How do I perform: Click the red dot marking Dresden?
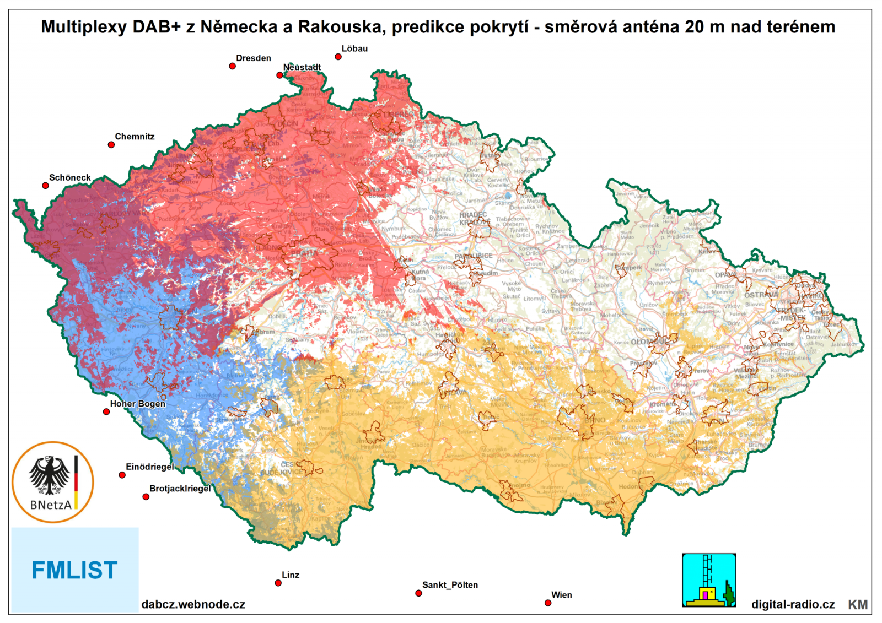click(233, 66)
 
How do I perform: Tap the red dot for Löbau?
click(338, 57)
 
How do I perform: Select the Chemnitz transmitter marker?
click(111, 145)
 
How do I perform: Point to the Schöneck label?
click(69, 177)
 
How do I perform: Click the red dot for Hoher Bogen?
click(106, 411)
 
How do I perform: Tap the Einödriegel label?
click(149, 467)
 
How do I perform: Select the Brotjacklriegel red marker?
click(146, 497)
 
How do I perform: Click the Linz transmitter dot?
click(278, 583)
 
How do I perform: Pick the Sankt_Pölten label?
click(450, 585)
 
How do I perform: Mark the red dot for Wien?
click(548, 603)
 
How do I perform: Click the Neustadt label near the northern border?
click(302, 67)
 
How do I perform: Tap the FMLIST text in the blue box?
click(74, 570)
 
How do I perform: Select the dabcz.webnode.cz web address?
click(193, 604)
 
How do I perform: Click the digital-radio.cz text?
click(793, 604)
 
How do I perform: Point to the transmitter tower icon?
click(709, 580)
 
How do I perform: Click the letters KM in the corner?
click(857, 605)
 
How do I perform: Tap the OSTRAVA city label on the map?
click(761, 295)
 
